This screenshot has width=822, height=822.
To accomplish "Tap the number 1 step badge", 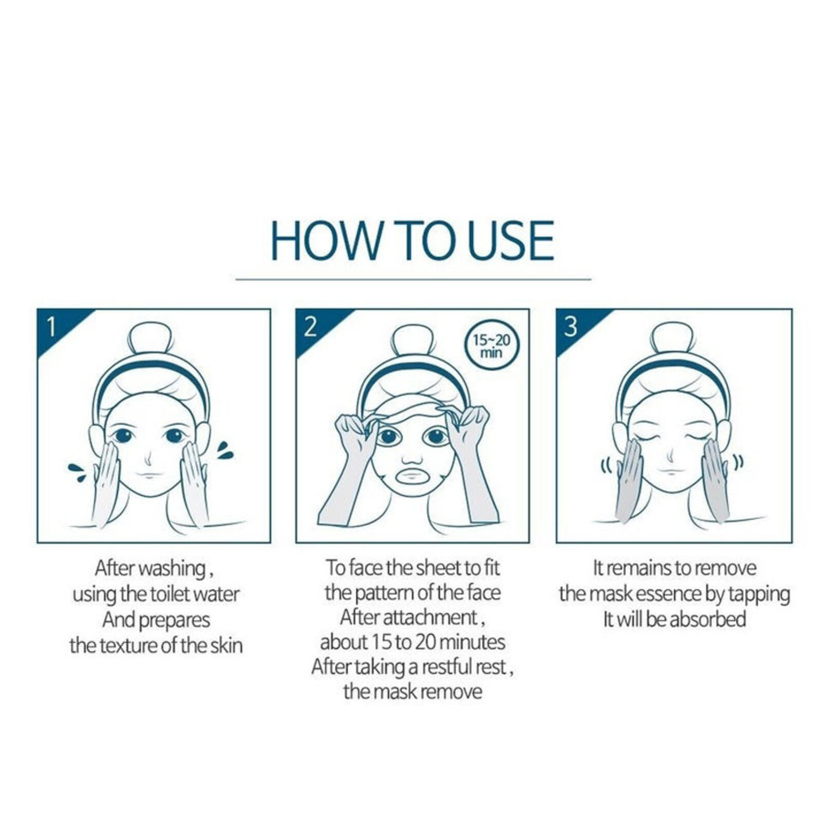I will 51,326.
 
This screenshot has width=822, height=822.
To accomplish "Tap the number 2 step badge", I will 310,326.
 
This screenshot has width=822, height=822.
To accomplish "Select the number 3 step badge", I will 570,326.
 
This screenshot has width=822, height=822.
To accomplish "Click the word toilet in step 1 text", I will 172,594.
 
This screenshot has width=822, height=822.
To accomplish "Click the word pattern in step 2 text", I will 382,593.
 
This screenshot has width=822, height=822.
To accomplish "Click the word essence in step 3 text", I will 668,594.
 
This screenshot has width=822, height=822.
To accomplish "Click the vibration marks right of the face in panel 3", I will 738,462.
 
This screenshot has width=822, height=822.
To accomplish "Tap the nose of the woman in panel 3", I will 670,455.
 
